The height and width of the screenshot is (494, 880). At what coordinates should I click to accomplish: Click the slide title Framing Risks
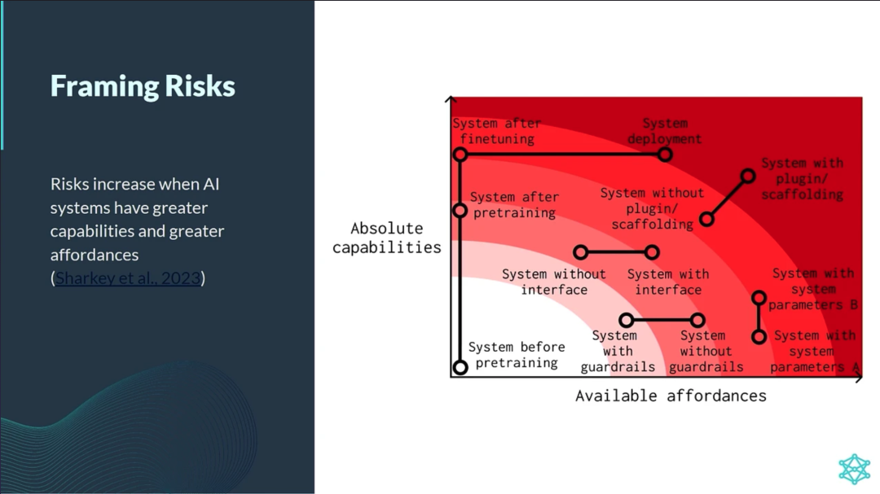(x=143, y=86)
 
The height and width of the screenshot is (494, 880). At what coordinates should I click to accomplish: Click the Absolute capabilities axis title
(x=387, y=238)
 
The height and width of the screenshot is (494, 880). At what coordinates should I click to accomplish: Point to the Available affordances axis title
(x=671, y=396)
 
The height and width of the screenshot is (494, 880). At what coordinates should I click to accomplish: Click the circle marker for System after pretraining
(x=460, y=210)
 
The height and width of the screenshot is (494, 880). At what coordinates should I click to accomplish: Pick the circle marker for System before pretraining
(x=460, y=366)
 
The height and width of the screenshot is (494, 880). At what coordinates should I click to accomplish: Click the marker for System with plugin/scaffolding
(x=747, y=176)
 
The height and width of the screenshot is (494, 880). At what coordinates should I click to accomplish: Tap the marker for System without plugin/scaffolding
(x=706, y=219)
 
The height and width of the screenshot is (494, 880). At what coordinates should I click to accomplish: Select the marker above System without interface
(x=581, y=252)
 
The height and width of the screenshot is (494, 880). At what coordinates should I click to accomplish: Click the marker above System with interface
(x=652, y=252)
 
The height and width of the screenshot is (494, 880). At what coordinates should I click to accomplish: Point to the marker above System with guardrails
(x=626, y=320)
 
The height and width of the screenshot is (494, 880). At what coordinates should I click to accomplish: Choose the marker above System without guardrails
(x=697, y=320)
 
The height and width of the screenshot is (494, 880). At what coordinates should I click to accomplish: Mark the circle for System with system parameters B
(x=759, y=298)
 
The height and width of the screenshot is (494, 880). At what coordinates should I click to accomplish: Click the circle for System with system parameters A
(x=759, y=335)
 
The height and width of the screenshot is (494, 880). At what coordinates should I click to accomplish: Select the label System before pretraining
(x=517, y=355)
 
